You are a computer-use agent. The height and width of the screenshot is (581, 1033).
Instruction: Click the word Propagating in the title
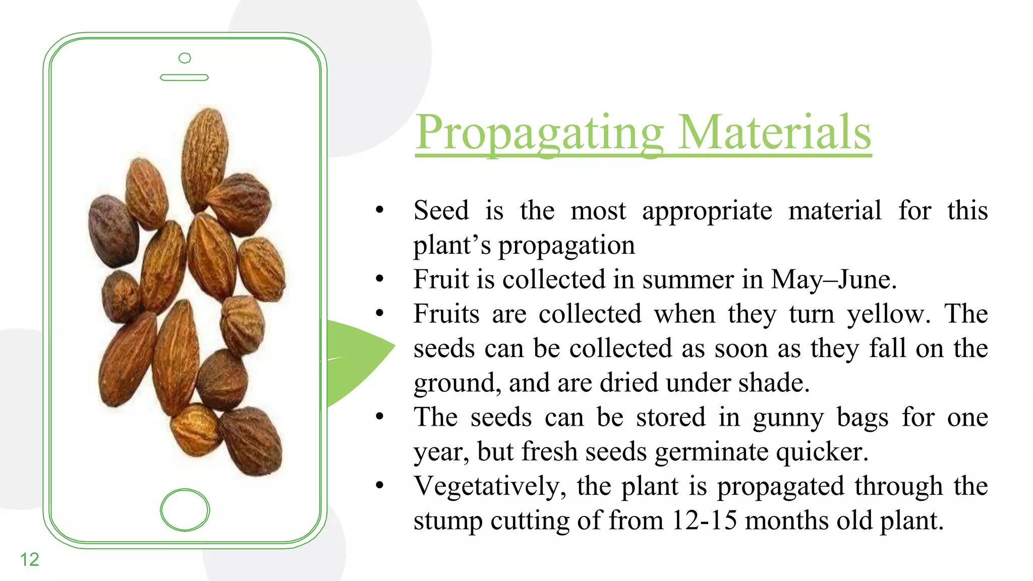coord(539,133)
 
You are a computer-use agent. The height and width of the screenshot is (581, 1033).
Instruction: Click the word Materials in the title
coord(774,133)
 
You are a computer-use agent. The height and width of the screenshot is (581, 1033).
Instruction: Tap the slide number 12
coord(29,559)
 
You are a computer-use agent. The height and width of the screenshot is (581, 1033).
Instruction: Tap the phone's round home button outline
coord(185,510)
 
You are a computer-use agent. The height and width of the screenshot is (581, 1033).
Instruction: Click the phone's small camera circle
coord(185,58)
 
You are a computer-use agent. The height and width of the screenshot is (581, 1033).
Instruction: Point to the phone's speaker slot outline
coord(184,77)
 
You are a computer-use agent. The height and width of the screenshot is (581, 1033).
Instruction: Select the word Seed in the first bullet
coord(441,210)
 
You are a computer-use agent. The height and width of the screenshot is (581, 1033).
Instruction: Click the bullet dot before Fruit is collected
coord(380,278)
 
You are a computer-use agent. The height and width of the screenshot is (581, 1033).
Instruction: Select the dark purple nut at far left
coord(113,230)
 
